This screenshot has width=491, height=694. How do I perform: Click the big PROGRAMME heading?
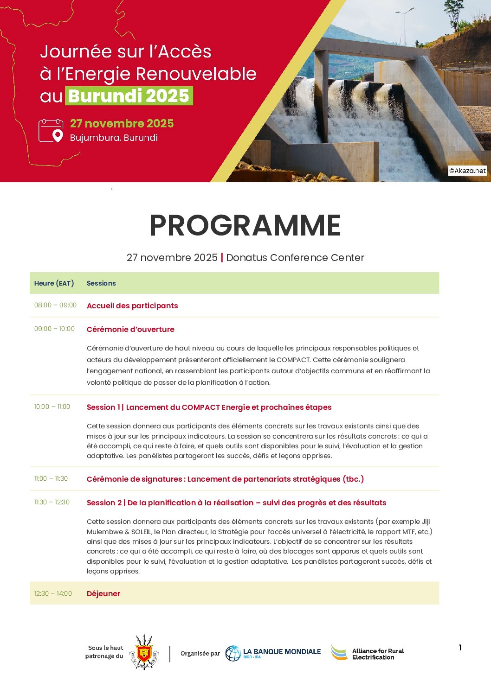pos(245,226)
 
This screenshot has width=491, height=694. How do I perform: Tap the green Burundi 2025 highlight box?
pos(129,96)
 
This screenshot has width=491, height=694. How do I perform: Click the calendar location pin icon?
pos(51,131)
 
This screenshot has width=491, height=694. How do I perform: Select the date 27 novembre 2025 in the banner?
pos(122,123)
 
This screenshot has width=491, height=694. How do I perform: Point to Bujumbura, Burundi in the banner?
pos(114,138)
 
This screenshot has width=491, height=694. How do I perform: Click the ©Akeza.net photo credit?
pos(467,171)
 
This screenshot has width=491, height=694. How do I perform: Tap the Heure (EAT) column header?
pos(54,283)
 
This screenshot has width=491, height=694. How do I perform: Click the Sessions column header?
pos(101,283)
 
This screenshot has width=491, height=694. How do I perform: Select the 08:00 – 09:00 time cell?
pos(55,305)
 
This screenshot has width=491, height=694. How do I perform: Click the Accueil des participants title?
pos(132,306)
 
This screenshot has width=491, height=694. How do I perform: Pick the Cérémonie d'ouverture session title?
pos(130,329)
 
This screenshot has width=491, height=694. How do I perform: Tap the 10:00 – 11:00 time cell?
pos(52,407)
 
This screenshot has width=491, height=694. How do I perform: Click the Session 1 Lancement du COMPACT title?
pos(209,407)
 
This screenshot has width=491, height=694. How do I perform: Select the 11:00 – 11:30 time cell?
pos(51,478)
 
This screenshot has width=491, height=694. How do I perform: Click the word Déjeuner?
pos(103,593)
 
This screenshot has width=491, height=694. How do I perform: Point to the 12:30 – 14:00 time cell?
pos(53,593)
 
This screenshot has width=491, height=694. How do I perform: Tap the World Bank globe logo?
pos(233,653)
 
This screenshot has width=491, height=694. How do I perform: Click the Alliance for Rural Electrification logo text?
pos(378,654)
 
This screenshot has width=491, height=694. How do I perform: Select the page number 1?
pos(460,648)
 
